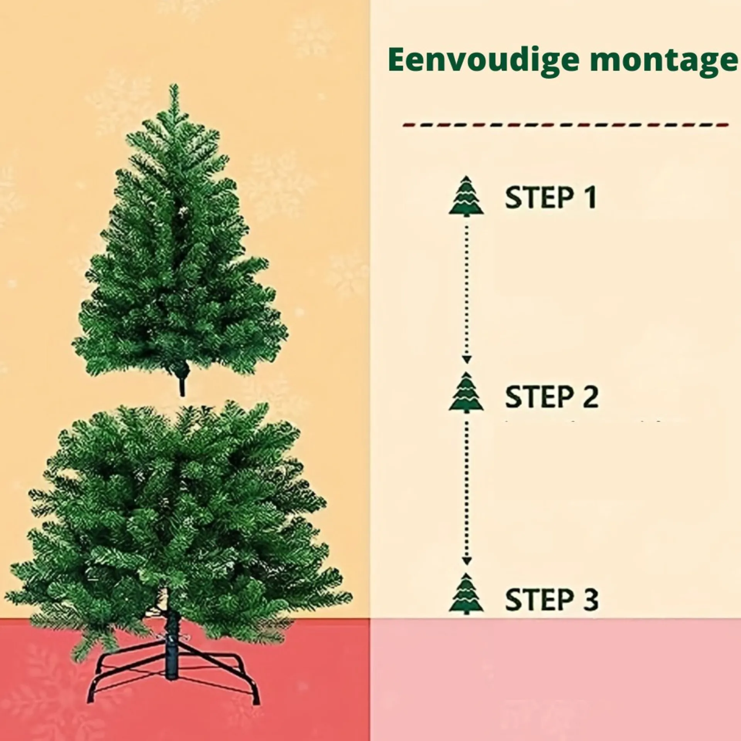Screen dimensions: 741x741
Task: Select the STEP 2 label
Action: pyautogui.click(x=552, y=396)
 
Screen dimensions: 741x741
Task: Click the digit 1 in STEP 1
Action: pyautogui.click(x=589, y=197)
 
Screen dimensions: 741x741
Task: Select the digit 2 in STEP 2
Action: pyautogui.click(x=590, y=396)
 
